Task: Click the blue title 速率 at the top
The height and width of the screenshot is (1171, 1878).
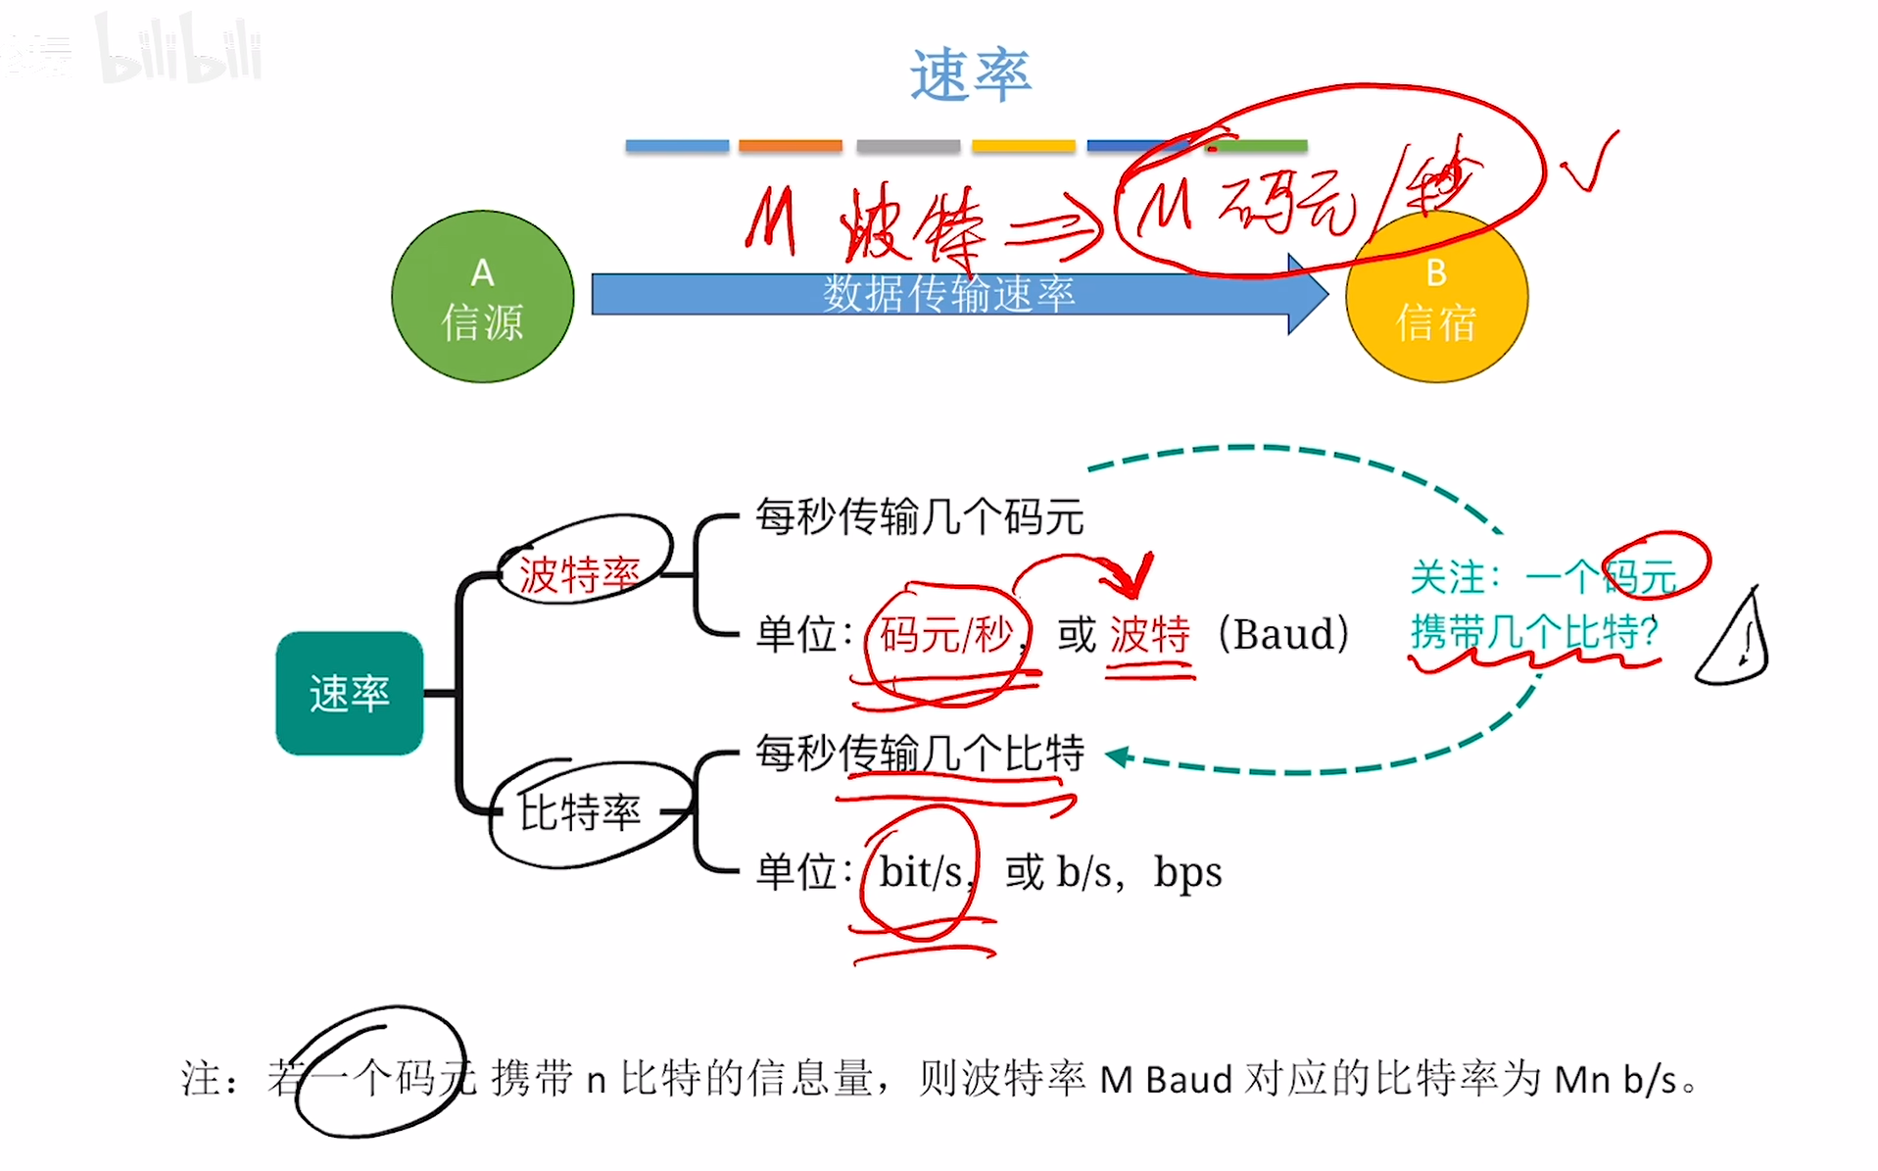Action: coord(970,75)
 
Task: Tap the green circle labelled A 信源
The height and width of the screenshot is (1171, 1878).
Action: coord(482,297)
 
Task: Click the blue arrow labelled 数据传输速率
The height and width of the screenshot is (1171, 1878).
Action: coord(948,294)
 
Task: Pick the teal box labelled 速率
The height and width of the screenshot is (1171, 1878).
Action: coord(349,693)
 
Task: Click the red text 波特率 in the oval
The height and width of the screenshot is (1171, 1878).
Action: coord(579,574)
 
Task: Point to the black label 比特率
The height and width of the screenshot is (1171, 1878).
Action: coord(579,811)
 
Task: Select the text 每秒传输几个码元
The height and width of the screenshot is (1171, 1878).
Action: coord(919,516)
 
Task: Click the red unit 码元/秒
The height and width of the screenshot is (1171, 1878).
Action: coord(945,635)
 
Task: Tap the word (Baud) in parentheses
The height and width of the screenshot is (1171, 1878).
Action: coord(1282,635)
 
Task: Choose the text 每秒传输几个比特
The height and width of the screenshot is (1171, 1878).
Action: coord(919,754)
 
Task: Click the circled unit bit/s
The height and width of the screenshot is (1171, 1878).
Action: coord(920,871)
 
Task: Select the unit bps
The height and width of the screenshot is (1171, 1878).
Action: coord(1187,871)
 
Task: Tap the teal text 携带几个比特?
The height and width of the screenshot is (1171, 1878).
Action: coord(1534,632)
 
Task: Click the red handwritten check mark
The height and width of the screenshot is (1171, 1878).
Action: coord(1589,164)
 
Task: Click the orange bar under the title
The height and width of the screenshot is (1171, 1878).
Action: coord(790,146)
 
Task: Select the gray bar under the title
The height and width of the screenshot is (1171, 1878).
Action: coord(907,146)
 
